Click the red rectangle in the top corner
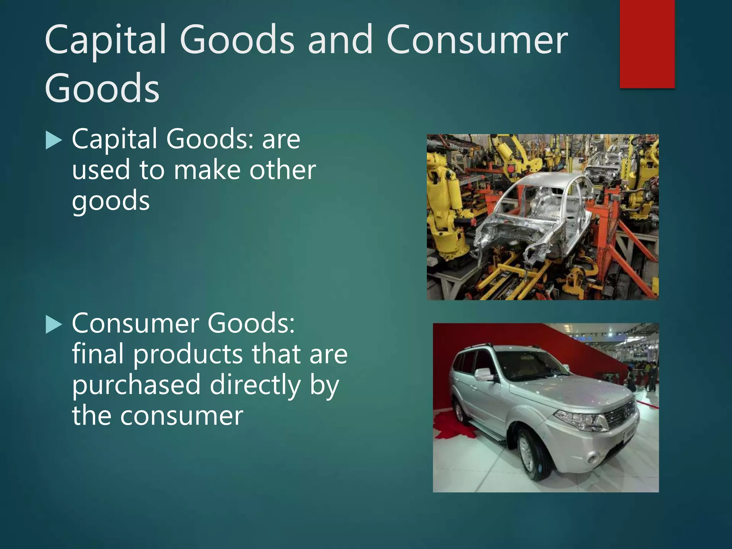point(647,44)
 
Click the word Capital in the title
point(105,40)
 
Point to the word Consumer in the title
point(477,40)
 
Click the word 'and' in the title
point(340,40)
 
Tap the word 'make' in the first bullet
point(207,170)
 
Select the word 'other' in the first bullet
point(282,170)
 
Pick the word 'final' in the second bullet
point(98,354)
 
